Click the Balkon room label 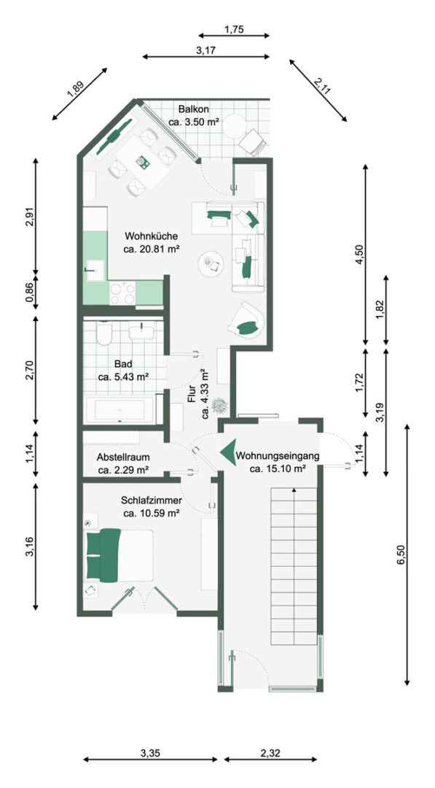click(193, 109)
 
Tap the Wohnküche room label click(151, 236)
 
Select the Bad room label click(122, 363)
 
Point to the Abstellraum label click(123, 457)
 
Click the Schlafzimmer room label click(151, 501)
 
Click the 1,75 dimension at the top click(234, 30)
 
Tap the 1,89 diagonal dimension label click(76, 88)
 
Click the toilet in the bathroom click(104, 333)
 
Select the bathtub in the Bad click(120, 409)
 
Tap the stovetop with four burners click(122, 293)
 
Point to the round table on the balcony click(235, 126)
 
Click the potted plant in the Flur click(219, 405)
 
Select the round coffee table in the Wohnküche click(211, 263)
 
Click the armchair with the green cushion click(248, 320)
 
